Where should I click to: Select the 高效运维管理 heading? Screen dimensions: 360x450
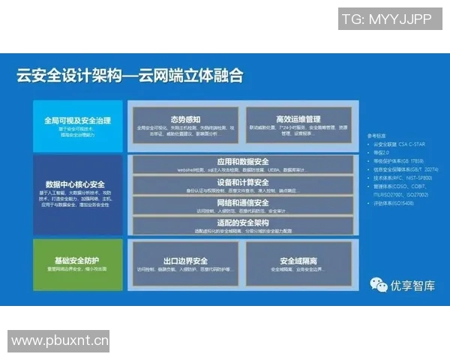[298, 118]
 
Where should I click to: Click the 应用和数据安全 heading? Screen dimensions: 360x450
[242, 162]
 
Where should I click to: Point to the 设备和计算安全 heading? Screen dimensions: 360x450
[242, 182]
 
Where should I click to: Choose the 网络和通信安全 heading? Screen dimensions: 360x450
[242, 202]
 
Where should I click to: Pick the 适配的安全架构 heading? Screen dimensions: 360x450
[242, 222]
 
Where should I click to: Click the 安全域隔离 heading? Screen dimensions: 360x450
[298, 261]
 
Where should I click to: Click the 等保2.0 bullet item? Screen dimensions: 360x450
[382, 151]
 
